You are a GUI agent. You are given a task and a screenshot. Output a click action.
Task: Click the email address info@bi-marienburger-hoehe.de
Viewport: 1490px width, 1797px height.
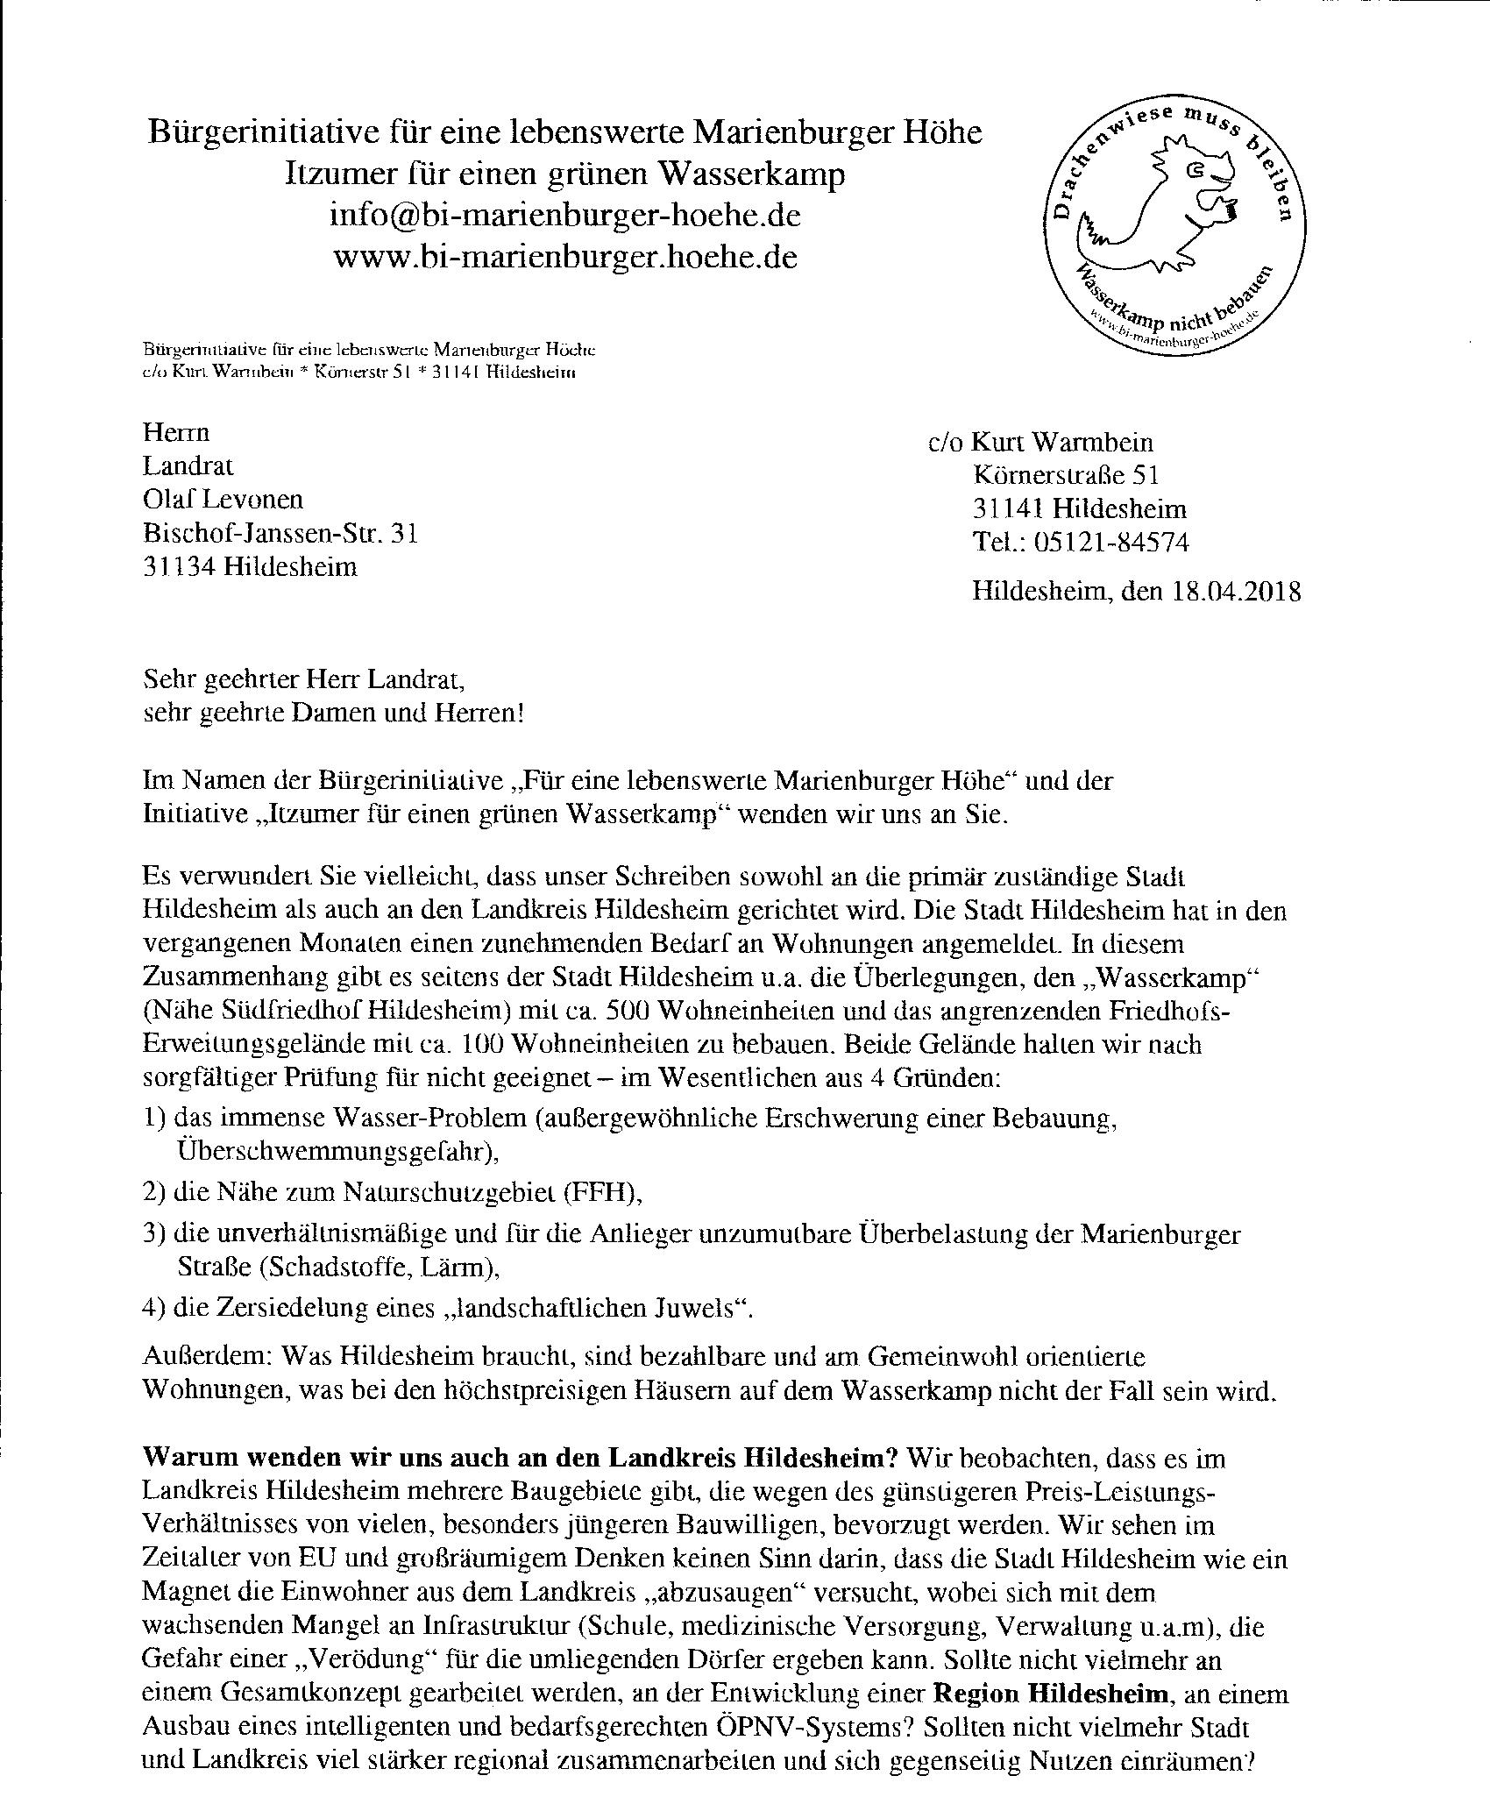tap(565, 216)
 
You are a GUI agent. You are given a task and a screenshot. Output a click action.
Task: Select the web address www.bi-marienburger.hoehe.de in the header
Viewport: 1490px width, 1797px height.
tap(565, 258)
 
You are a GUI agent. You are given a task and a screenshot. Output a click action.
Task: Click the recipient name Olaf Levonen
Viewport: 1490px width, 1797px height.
tap(223, 500)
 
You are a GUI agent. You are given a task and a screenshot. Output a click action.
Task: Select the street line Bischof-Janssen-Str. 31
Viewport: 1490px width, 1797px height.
tap(280, 533)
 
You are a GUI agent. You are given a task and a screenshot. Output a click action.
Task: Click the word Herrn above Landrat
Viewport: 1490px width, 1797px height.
tap(176, 433)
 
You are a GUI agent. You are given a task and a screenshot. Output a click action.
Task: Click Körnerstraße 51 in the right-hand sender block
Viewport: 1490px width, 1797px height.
tap(1066, 476)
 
